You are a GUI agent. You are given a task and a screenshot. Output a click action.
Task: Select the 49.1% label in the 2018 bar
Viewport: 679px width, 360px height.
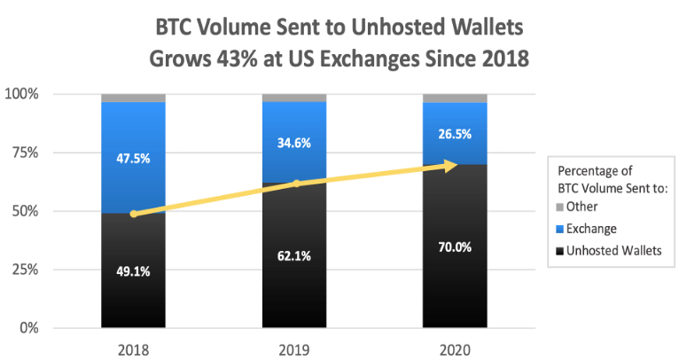pyautogui.click(x=133, y=272)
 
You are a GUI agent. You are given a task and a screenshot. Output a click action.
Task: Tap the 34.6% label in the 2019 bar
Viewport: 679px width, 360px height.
pyautogui.click(x=293, y=142)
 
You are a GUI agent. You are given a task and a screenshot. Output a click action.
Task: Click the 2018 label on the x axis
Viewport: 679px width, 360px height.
pyautogui.click(x=133, y=348)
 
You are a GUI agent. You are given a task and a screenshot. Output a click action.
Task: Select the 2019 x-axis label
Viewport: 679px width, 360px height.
pyautogui.click(x=293, y=348)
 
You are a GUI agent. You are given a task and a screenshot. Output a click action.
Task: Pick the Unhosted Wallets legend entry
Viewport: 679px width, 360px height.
pyautogui.click(x=610, y=250)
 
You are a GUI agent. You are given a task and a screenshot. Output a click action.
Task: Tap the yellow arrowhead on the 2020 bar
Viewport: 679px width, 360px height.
pyautogui.click(x=451, y=165)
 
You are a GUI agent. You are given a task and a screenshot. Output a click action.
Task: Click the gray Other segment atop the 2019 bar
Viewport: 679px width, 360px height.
pyautogui.click(x=293, y=98)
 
